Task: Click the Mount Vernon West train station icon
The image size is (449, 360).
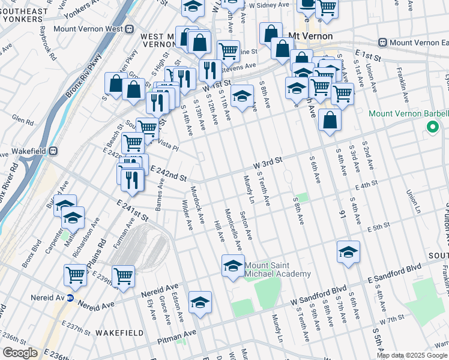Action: coord(128,28)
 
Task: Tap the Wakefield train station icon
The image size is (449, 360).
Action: coord(53,151)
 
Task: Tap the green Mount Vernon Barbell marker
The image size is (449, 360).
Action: coord(431,127)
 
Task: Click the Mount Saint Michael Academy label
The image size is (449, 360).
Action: coord(278,269)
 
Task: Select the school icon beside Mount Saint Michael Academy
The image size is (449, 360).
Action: coord(233,265)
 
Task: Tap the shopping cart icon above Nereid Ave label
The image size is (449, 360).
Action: coord(123,275)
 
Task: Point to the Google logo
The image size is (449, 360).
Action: coord(20,353)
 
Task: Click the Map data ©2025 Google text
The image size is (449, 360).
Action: coord(412,355)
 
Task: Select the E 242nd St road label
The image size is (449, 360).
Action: coord(169,175)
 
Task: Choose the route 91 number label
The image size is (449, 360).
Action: coord(343,214)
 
